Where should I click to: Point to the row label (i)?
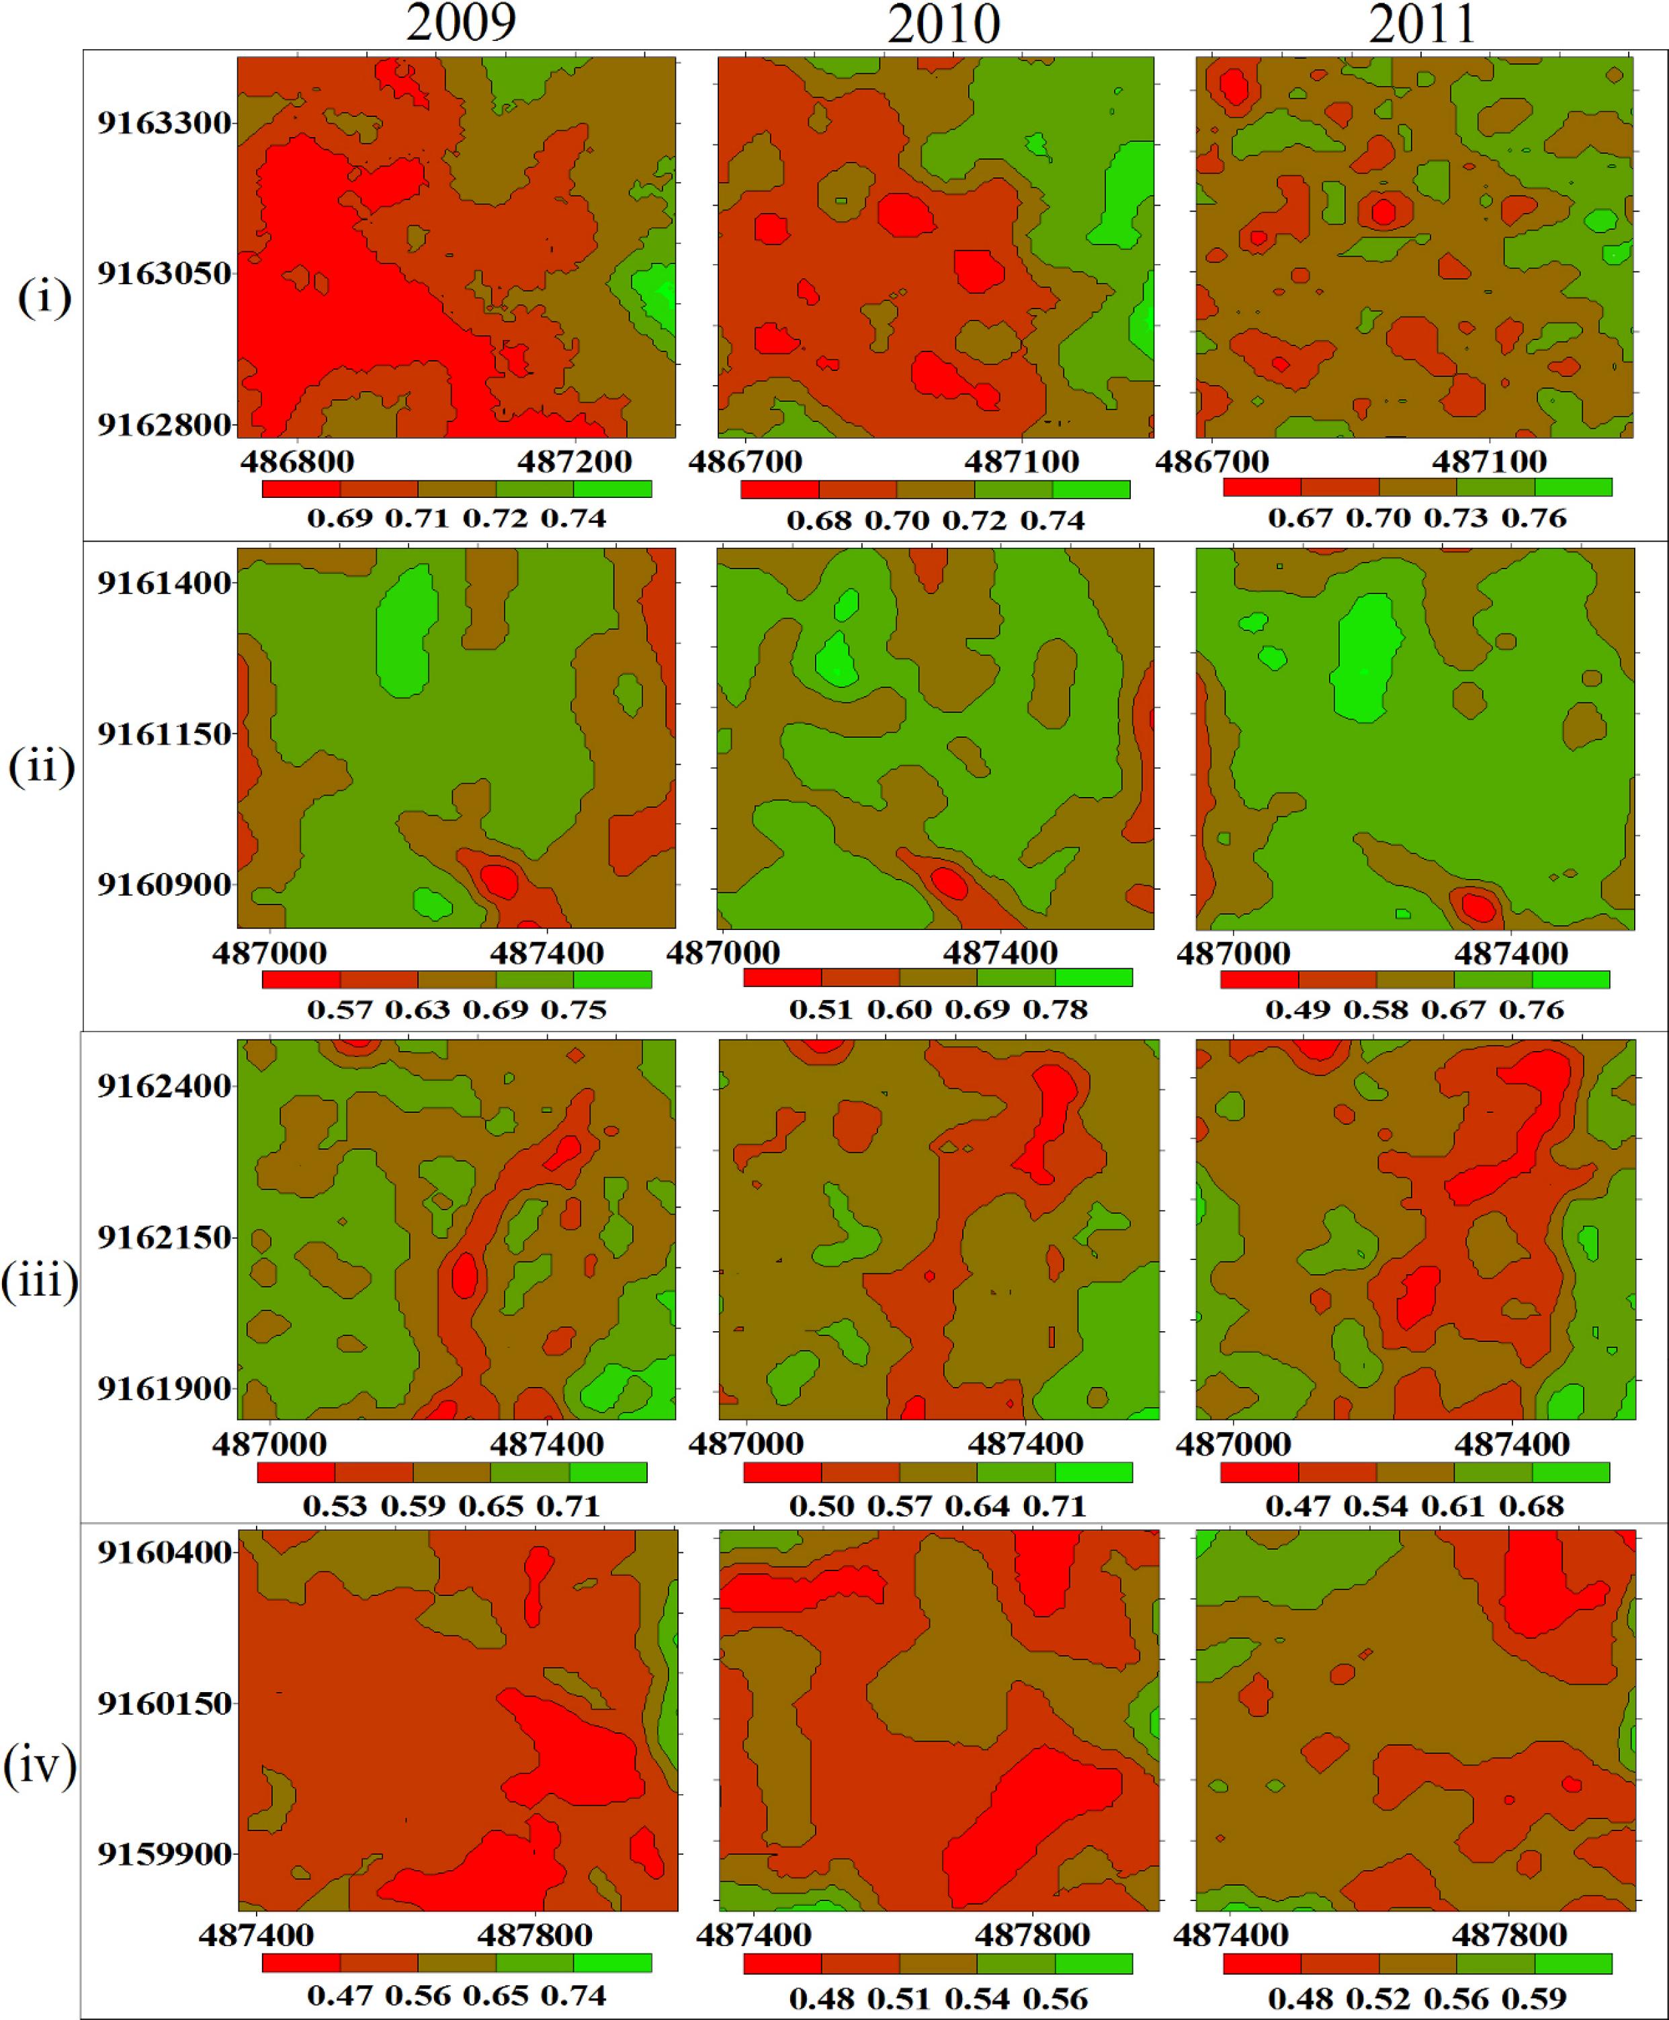[44, 298]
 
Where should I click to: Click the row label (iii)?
[40, 1281]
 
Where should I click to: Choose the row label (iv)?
[40, 1767]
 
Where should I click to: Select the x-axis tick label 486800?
[297, 462]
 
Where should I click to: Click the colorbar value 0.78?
[1055, 1009]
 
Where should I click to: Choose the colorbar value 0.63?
[417, 1009]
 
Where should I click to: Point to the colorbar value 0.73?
[1455, 518]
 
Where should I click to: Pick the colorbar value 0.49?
[1297, 1009]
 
